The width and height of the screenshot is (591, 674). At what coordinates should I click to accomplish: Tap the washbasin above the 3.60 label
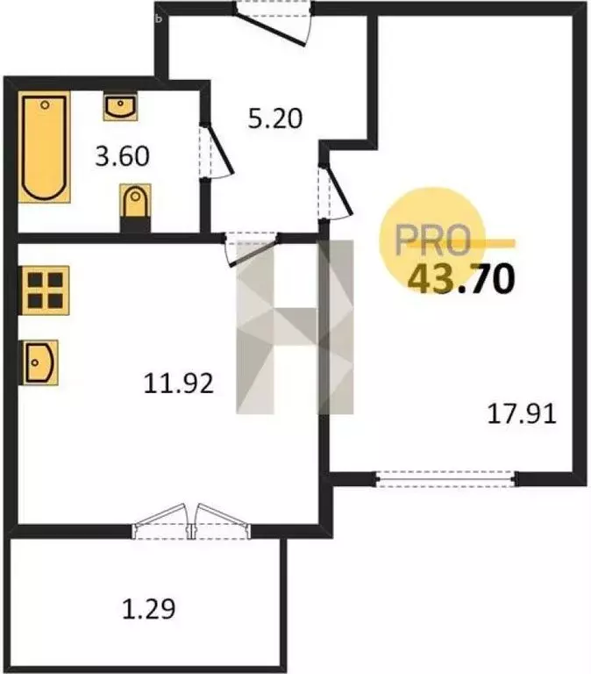(x=118, y=108)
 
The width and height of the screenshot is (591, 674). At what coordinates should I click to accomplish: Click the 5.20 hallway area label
(x=275, y=118)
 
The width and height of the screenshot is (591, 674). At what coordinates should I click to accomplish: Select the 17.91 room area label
(x=523, y=412)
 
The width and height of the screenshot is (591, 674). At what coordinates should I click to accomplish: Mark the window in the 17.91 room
(x=445, y=478)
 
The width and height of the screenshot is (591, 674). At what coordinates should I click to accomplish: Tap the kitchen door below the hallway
(x=252, y=246)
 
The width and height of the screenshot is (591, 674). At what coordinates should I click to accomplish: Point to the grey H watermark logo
(x=295, y=325)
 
